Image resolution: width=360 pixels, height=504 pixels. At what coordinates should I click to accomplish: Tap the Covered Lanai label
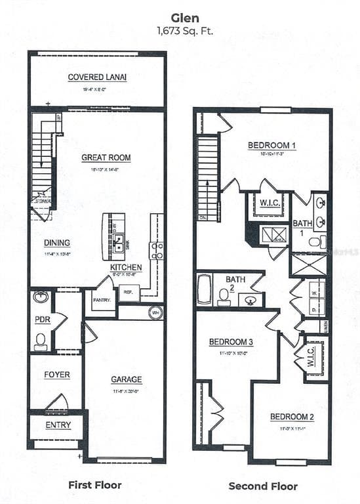point(97,77)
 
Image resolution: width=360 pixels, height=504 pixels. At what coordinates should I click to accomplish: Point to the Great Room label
point(106,157)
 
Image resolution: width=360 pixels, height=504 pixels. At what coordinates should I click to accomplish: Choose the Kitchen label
point(126,268)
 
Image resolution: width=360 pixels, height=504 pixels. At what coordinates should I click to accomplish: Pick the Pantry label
point(101,300)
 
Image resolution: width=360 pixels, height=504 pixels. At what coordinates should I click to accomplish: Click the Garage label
point(126,379)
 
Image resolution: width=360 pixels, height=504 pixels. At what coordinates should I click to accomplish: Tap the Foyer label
point(57,375)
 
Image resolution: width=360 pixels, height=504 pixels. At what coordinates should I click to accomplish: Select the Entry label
point(58,425)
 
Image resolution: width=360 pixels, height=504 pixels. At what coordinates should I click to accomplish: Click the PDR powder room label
point(43,320)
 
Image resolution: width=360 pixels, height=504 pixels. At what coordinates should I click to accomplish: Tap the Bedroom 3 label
point(231,342)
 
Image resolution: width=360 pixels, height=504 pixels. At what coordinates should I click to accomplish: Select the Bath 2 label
point(235,283)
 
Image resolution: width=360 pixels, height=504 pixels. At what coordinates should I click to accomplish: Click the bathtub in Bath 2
point(204,289)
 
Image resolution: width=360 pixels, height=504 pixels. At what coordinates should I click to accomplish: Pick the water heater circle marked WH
point(155,312)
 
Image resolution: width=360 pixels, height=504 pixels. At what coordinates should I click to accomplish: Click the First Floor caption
point(95,485)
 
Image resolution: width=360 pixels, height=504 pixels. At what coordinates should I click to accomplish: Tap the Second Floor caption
point(262,486)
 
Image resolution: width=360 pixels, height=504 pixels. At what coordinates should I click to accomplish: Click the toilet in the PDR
point(41,341)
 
